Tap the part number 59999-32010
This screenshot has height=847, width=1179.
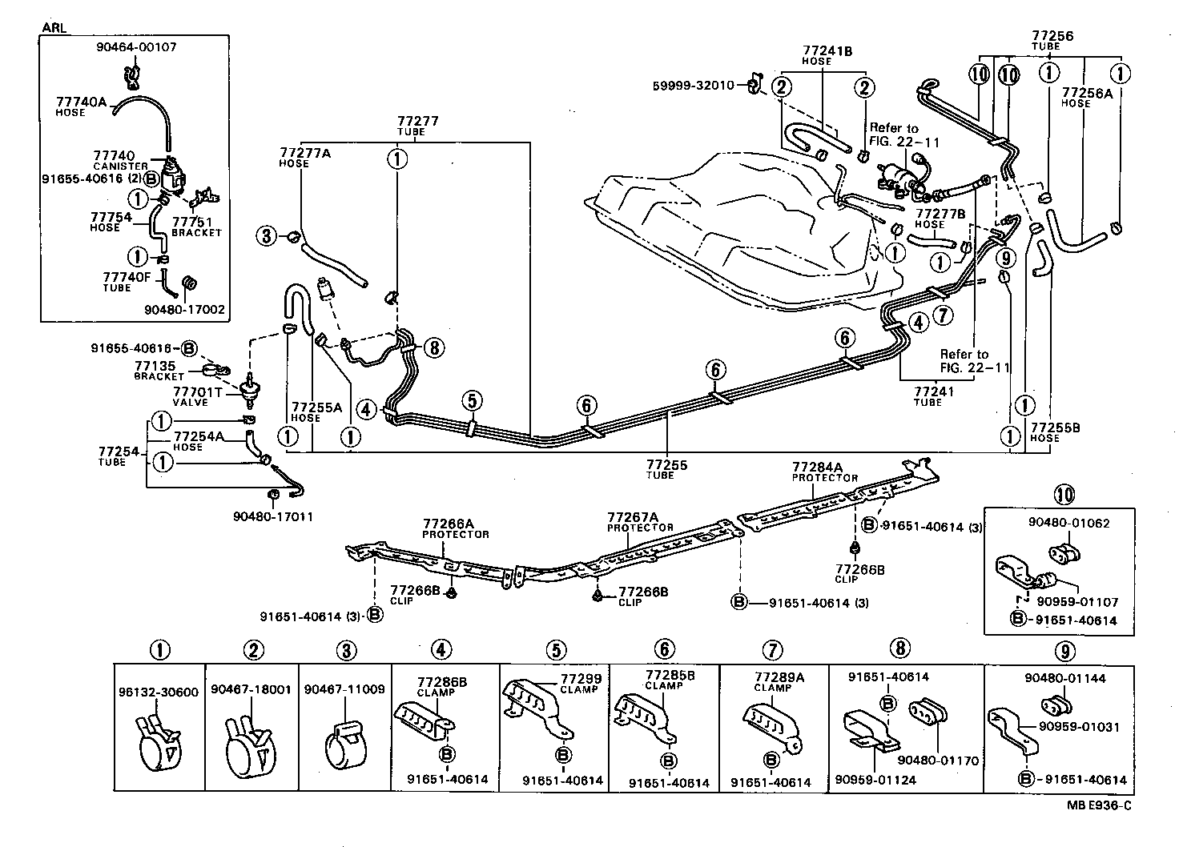click(x=694, y=85)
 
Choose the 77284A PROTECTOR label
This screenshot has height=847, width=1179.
click(x=825, y=471)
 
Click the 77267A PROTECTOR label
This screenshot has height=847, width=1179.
click(x=639, y=521)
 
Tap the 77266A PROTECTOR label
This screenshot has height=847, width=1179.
click(x=456, y=528)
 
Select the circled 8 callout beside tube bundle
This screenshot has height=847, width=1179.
click(x=433, y=347)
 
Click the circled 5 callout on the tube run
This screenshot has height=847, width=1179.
click(x=473, y=399)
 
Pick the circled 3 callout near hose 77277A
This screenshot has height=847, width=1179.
click(x=267, y=235)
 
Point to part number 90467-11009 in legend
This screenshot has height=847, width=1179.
click(x=344, y=688)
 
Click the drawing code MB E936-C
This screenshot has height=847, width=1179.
click(x=1099, y=805)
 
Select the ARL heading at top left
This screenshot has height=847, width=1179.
click(x=54, y=27)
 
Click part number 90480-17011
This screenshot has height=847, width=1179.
click(x=272, y=516)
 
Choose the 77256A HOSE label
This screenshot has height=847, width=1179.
click(x=1087, y=97)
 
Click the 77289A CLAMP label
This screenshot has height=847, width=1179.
click(x=778, y=681)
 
